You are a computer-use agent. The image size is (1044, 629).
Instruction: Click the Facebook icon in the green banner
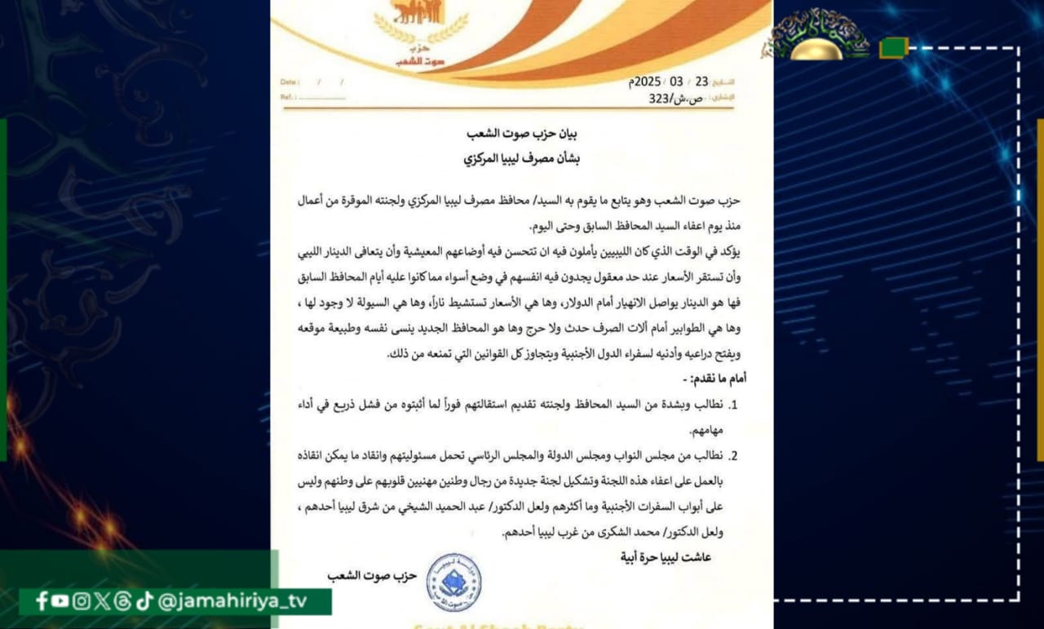42,601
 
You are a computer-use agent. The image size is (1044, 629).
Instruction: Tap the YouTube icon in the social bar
60,601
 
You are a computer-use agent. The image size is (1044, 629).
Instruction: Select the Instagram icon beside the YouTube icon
81,601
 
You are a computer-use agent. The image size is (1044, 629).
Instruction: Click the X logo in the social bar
101,601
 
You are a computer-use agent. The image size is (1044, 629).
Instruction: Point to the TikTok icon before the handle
144,601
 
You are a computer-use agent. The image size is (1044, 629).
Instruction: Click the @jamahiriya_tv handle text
232,601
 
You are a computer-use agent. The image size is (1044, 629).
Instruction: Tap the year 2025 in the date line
647,82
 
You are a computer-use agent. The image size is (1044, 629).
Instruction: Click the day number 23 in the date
702,82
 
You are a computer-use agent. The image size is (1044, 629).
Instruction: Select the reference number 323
660,99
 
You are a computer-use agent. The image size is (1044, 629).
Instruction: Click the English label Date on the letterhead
290,82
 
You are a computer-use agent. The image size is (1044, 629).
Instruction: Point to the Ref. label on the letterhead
286,97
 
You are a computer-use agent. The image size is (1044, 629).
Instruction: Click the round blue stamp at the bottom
453,582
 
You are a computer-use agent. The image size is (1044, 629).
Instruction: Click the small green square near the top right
894,47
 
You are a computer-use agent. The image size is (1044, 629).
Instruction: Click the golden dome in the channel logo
817,48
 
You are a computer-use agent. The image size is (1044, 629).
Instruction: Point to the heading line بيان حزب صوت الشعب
521,134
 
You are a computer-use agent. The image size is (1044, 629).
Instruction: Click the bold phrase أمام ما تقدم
712,379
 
